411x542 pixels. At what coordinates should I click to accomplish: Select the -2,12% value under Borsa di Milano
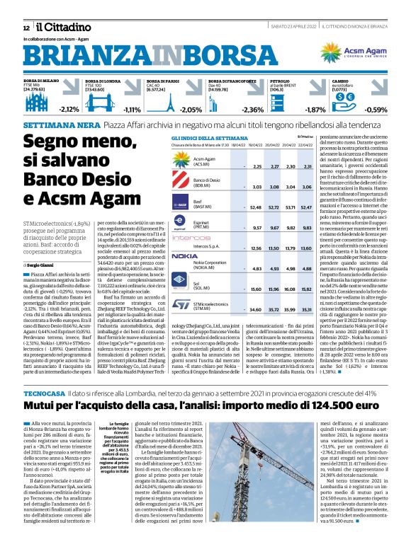tap(69, 110)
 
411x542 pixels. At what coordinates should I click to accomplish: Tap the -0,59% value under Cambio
tap(376, 110)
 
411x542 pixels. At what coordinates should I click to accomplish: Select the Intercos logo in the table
tap(186, 238)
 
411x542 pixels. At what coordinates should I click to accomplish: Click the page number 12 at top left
tap(26, 26)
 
